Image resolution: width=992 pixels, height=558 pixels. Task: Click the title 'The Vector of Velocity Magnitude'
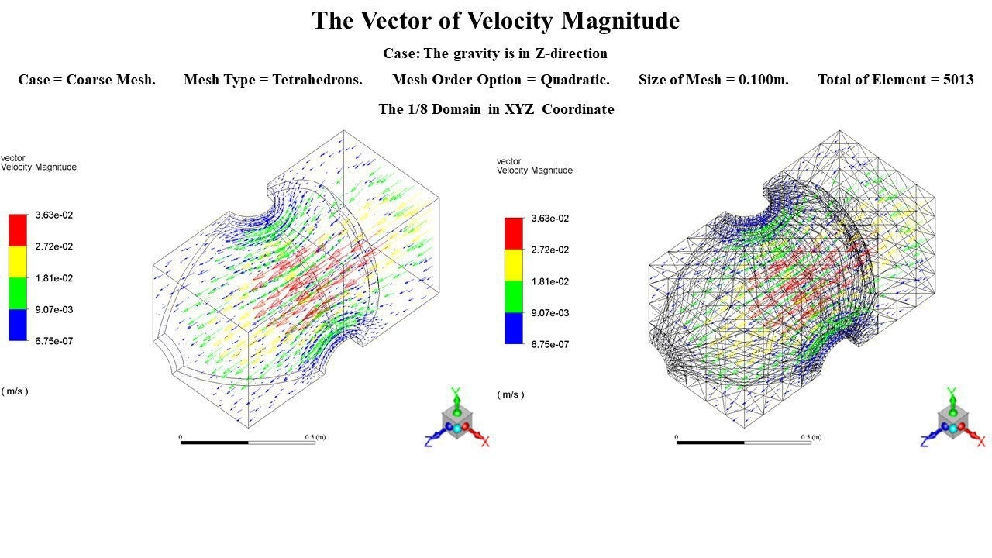pos(495,21)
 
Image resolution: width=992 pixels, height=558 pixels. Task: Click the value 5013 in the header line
pos(958,80)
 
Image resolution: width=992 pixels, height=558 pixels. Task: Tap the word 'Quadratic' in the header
pos(574,80)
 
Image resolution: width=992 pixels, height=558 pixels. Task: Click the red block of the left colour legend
pos(18,230)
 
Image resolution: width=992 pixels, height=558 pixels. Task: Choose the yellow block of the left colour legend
pos(18,262)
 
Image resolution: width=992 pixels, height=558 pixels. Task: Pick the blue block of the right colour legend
pos(514,329)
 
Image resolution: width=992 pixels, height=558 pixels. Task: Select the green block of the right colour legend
pos(514,297)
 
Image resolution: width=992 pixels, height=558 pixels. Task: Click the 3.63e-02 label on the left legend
pos(54,215)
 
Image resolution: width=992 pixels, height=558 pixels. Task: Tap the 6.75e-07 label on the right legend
pos(550,344)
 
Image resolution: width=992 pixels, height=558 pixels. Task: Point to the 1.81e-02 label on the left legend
pos(54,278)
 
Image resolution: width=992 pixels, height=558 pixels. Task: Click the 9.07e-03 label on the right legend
pos(550,313)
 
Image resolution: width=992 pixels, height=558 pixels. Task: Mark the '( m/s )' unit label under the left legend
pos(15,391)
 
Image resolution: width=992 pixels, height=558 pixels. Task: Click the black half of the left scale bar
pos(215,443)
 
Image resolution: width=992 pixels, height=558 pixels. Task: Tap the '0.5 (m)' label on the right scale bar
pos(811,437)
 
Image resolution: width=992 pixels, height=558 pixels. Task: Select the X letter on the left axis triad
pos(485,442)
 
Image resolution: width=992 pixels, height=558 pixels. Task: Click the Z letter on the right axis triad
pos(925,442)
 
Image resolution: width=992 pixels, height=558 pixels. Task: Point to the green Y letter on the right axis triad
pos(952,393)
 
